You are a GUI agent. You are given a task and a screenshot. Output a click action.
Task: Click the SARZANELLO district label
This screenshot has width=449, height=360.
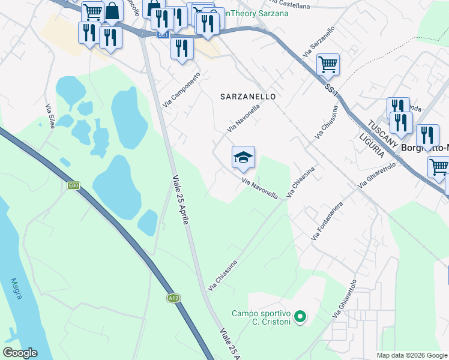[248, 96]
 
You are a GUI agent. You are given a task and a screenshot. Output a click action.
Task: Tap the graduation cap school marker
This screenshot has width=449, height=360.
[243, 157]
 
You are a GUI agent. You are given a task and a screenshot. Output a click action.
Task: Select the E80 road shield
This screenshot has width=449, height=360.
[73, 186]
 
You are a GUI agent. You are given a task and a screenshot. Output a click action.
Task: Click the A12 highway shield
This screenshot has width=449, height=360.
[173, 298]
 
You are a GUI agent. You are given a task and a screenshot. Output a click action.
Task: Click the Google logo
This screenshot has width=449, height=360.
[20, 353]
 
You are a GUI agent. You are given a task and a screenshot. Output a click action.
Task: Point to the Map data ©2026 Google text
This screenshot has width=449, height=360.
[412, 355]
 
